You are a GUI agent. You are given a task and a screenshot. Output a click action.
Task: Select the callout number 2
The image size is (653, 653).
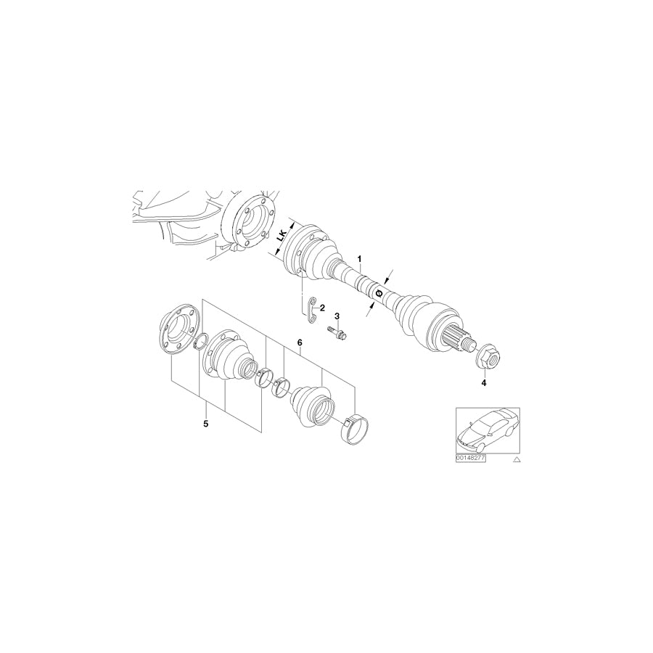(321, 308)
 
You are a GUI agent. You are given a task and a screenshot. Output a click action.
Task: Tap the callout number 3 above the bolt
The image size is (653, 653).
(337, 316)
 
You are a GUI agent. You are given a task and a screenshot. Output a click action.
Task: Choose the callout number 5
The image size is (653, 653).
(205, 422)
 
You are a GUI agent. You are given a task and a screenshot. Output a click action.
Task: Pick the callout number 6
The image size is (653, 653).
(298, 342)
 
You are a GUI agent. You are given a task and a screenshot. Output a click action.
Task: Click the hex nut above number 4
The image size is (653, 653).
(485, 357)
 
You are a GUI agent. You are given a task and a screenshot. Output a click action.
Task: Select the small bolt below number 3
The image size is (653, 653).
(338, 333)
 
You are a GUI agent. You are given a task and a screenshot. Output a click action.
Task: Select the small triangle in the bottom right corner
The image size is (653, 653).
(516, 459)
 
